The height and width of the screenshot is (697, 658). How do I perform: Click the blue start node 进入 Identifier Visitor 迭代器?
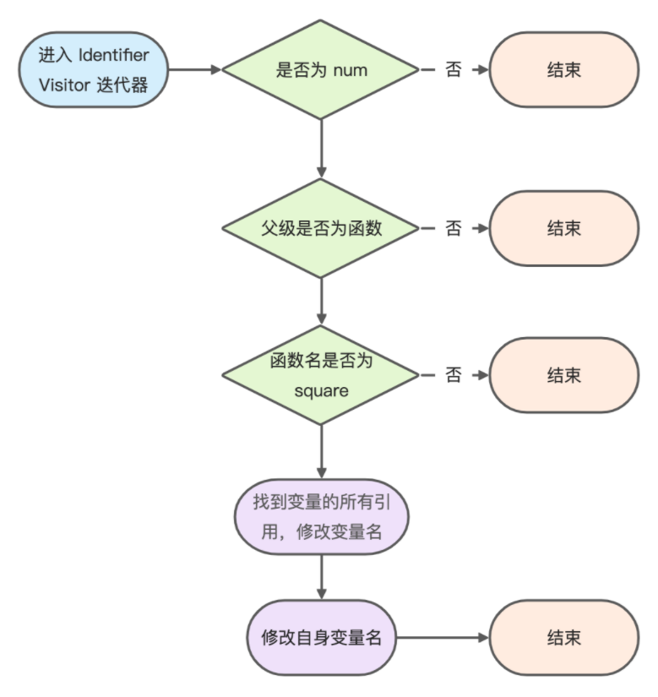pos(94,70)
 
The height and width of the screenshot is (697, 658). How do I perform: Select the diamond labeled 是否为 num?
pos(320,70)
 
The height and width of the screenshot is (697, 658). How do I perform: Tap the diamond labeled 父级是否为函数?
pos(320,228)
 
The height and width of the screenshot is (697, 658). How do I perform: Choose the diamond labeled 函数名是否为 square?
pos(320,375)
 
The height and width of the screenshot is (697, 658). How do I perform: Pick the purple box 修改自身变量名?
pos(320,637)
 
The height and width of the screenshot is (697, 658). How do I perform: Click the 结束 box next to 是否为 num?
pos(563,70)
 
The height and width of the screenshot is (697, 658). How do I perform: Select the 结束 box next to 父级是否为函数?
pos(563,228)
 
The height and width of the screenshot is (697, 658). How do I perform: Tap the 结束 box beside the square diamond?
pos(563,375)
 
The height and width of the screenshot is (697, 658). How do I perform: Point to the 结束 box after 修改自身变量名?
pos(563,637)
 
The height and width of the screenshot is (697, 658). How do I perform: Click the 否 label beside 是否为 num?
pos(454,70)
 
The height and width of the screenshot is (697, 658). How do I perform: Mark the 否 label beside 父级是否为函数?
pos(454,228)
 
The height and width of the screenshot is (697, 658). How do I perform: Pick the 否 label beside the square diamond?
pos(454,375)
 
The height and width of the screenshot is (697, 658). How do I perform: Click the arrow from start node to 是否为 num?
pos(194,70)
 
